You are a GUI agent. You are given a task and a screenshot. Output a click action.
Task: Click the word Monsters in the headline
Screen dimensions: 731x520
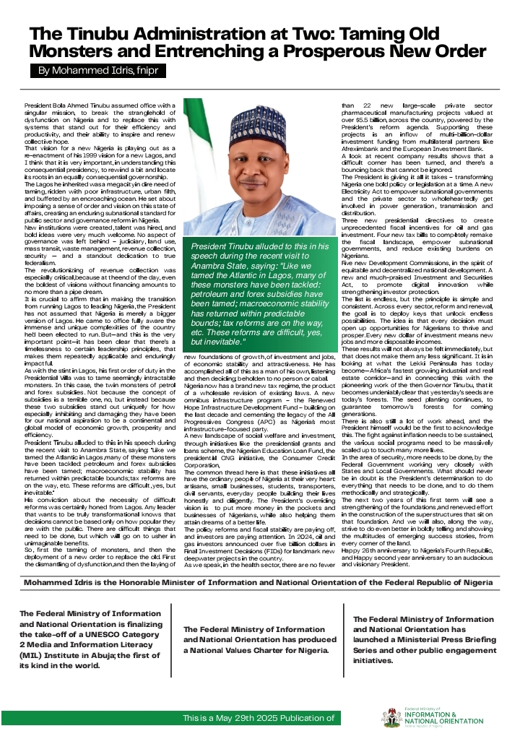pos(74,51)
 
